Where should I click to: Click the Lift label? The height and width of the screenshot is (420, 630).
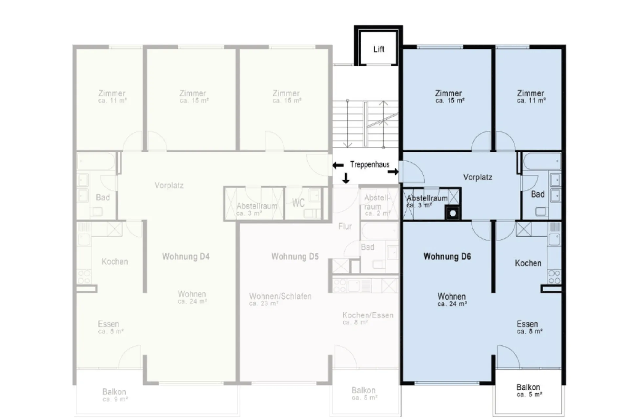(x=379, y=49)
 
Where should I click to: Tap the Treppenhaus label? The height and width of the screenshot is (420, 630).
(x=370, y=164)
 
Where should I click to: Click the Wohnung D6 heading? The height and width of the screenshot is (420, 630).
(x=447, y=256)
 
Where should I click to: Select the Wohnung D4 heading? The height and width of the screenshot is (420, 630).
(x=186, y=256)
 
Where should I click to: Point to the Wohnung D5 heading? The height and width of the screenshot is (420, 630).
(x=295, y=256)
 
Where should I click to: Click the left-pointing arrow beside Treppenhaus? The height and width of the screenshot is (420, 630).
(x=338, y=165)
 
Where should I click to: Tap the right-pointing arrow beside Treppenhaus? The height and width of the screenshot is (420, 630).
(x=393, y=172)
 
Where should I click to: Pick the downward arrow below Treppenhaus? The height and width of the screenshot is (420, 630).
(x=346, y=178)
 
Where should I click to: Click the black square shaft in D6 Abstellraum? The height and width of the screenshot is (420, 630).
(x=453, y=213)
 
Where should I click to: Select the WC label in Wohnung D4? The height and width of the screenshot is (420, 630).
(x=298, y=203)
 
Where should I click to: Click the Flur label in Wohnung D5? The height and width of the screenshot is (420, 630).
(x=345, y=226)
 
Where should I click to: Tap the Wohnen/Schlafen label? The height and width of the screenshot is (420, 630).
(x=280, y=296)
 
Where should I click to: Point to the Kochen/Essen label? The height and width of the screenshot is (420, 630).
(x=367, y=315)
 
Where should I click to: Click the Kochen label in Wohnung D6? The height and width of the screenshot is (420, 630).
(x=528, y=263)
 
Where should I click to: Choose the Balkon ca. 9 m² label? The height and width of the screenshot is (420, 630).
(x=115, y=395)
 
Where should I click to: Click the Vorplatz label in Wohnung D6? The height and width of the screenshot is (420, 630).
(x=477, y=177)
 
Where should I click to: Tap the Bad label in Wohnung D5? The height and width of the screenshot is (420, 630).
(x=367, y=247)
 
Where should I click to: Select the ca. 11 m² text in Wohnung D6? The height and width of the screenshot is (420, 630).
(x=531, y=101)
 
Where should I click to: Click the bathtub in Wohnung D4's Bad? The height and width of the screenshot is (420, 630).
(x=96, y=162)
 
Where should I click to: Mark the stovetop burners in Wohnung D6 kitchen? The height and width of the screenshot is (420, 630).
(x=554, y=277)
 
